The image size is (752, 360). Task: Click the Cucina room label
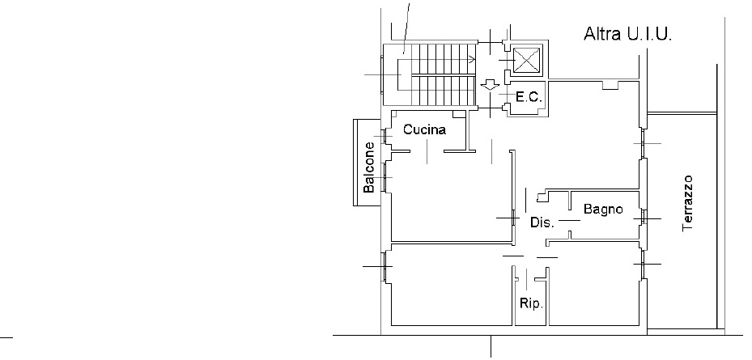424,129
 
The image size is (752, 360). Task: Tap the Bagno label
603,209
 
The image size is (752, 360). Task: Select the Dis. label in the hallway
542,222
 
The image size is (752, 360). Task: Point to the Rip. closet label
531,303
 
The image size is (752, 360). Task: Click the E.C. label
529,97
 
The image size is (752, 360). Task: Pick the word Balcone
368,167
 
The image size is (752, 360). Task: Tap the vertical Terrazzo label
687,203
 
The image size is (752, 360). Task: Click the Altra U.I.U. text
627,34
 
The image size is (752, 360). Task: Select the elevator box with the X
527,60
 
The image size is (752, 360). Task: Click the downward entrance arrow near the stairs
490,85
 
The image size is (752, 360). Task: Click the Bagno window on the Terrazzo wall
644,218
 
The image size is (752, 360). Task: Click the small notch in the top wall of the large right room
610,85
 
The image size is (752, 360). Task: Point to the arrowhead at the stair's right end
473,60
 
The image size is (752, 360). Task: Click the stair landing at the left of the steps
397,74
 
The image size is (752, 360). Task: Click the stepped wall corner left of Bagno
542,196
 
